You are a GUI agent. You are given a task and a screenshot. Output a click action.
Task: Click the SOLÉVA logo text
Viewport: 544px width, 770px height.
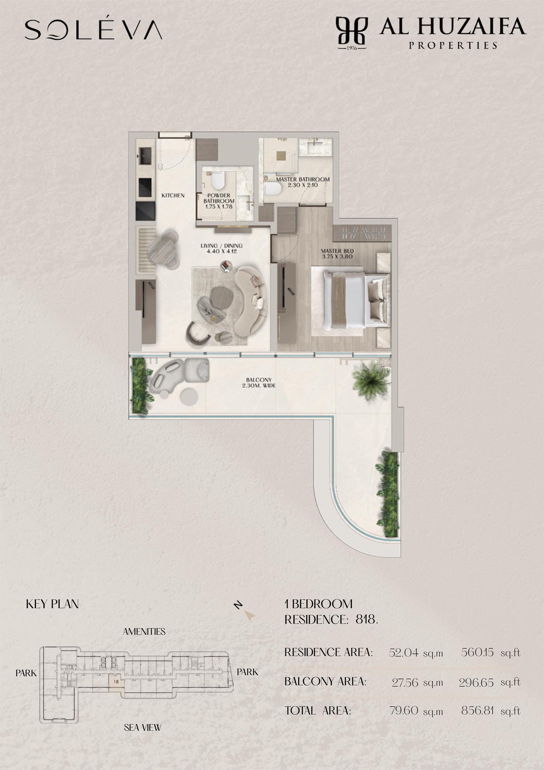coord(93,29)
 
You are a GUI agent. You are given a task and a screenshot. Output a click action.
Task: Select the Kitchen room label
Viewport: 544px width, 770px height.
coord(173,195)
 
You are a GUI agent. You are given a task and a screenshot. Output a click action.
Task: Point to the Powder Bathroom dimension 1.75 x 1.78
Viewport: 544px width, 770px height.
coord(219,207)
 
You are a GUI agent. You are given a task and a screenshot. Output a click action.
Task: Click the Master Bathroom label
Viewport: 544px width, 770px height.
coord(303,179)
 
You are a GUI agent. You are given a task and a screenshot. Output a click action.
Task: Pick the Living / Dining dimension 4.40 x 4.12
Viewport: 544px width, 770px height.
coord(222,251)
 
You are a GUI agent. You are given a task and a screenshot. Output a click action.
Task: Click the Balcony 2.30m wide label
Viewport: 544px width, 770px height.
coord(259,383)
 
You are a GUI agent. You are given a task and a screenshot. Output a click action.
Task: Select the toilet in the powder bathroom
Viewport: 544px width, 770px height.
coord(218,180)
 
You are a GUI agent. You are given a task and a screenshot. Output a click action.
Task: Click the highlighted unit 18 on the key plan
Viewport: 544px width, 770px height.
coord(116,682)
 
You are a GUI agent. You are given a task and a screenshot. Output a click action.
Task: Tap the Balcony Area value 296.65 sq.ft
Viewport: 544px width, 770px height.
coord(490,683)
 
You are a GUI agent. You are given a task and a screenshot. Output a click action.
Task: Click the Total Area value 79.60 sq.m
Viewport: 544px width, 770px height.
coord(416,710)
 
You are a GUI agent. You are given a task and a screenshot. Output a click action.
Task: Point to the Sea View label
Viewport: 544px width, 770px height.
coord(143,728)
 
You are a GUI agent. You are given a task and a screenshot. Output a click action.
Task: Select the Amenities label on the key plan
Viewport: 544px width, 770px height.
coord(144,632)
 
